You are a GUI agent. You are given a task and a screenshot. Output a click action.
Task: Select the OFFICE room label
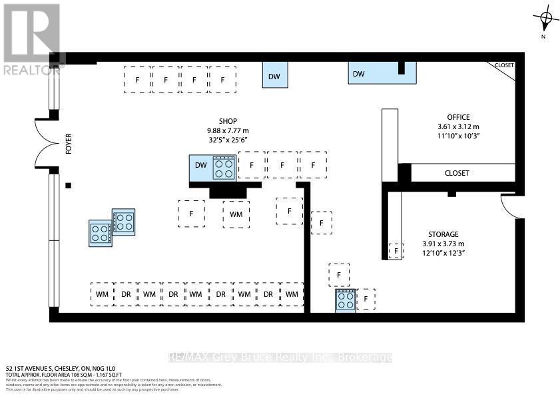(459, 117)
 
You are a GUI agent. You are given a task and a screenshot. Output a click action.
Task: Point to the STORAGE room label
(443, 234)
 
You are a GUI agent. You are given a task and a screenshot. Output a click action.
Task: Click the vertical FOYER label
(68, 144)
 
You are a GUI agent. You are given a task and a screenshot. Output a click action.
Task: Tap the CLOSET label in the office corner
(504, 65)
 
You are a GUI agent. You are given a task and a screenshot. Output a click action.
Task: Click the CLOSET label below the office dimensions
(457, 173)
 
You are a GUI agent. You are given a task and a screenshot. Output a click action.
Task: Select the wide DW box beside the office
(382, 73)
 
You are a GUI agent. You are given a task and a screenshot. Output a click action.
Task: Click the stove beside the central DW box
(224, 168)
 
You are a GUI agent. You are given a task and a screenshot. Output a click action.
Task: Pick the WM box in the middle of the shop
(236, 214)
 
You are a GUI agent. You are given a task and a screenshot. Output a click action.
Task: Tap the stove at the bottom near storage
(345, 300)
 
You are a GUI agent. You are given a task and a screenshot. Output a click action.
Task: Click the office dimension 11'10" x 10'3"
(459, 136)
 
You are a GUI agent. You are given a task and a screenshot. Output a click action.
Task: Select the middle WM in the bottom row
(195, 294)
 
